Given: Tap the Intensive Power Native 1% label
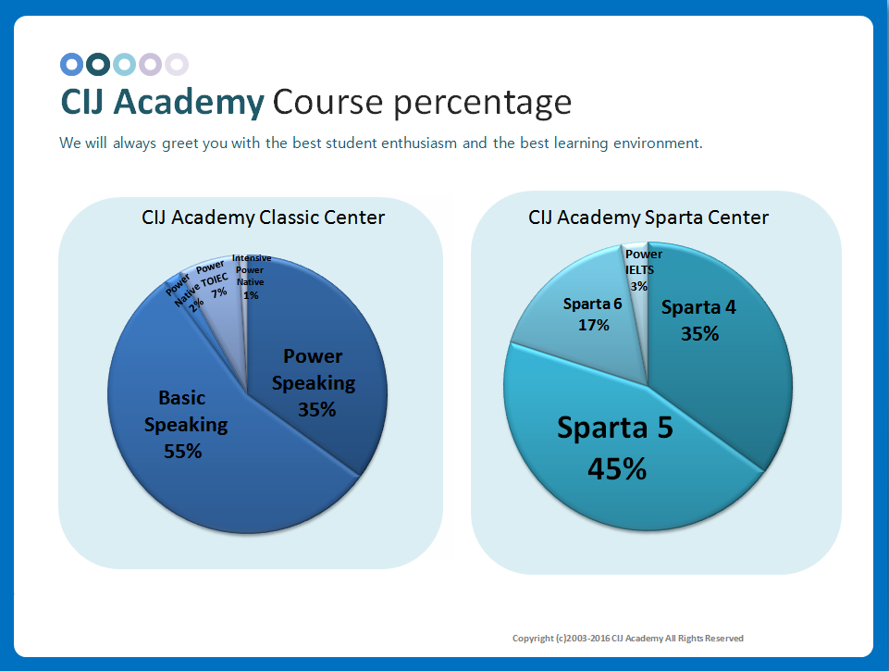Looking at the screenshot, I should pyautogui.click(x=251, y=277).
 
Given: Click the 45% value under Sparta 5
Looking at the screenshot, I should pyautogui.click(x=617, y=468).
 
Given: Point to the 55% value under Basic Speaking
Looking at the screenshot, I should pyautogui.click(x=182, y=452).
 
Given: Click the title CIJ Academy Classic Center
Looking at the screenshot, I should pyautogui.click(x=263, y=217).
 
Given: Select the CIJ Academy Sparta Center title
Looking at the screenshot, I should pyautogui.click(x=648, y=217).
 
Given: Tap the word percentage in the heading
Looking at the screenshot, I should pyautogui.click(x=482, y=101).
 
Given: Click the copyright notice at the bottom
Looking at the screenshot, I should pyautogui.click(x=627, y=638).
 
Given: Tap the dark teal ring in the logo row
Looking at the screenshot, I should pyautogui.click(x=98, y=64).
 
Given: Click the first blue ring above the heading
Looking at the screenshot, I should pyautogui.click(x=71, y=64).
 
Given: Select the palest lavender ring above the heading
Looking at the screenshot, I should pyautogui.click(x=177, y=64).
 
